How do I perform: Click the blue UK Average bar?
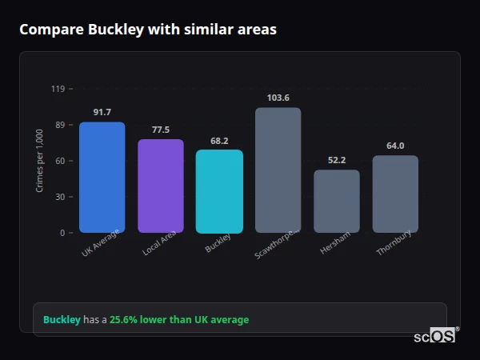tap(102, 178)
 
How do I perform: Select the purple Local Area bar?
tap(160, 186)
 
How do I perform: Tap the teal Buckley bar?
tap(219, 191)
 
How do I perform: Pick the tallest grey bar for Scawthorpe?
tap(278, 170)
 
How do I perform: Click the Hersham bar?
tap(336, 202)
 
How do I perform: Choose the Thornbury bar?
tap(395, 194)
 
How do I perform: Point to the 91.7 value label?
tap(102, 112)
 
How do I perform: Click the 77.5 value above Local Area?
tap(160, 130)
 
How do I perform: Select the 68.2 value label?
tap(219, 140)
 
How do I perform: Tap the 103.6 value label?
tap(278, 98)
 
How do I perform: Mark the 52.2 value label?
tap(336, 160)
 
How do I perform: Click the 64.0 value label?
tap(395, 146)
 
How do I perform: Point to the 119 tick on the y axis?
tap(58, 89)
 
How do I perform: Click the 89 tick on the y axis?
tap(59, 125)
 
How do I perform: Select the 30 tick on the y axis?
tap(59, 197)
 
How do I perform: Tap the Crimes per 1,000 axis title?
tap(40, 161)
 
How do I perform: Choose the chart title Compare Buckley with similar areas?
tap(148, 30)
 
